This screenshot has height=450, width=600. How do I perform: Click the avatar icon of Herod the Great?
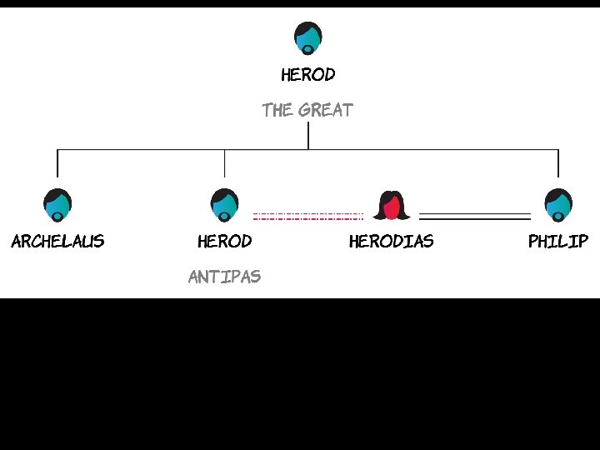[307, 37]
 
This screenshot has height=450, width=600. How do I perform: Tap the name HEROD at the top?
[307, 75]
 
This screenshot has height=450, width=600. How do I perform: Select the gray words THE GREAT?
[307, 110]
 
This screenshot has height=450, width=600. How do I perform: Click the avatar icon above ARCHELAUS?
[57, 204]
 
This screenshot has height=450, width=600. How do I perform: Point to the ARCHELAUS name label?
[57, 242]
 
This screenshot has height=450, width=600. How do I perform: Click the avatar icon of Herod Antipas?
[224, 204]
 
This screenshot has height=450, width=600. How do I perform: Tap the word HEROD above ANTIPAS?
[224, 242]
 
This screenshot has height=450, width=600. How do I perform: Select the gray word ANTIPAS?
[224, 277]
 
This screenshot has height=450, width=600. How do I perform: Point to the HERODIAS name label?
[391, 242]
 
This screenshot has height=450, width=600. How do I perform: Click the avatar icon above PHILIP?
[557, 204]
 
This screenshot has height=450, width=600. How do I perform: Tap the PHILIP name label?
[557, 242]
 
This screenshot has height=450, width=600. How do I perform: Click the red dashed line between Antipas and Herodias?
[308, 217]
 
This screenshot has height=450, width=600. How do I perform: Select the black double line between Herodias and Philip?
[474, 217]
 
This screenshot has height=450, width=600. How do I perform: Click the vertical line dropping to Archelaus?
[57, 163]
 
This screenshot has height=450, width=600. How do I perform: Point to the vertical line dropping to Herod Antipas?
[224, 163]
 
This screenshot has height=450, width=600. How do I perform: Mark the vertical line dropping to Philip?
[557, 163]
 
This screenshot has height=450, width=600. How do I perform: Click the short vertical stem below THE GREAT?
[308, 137]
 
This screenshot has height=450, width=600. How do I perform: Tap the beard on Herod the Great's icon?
[307, 48]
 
